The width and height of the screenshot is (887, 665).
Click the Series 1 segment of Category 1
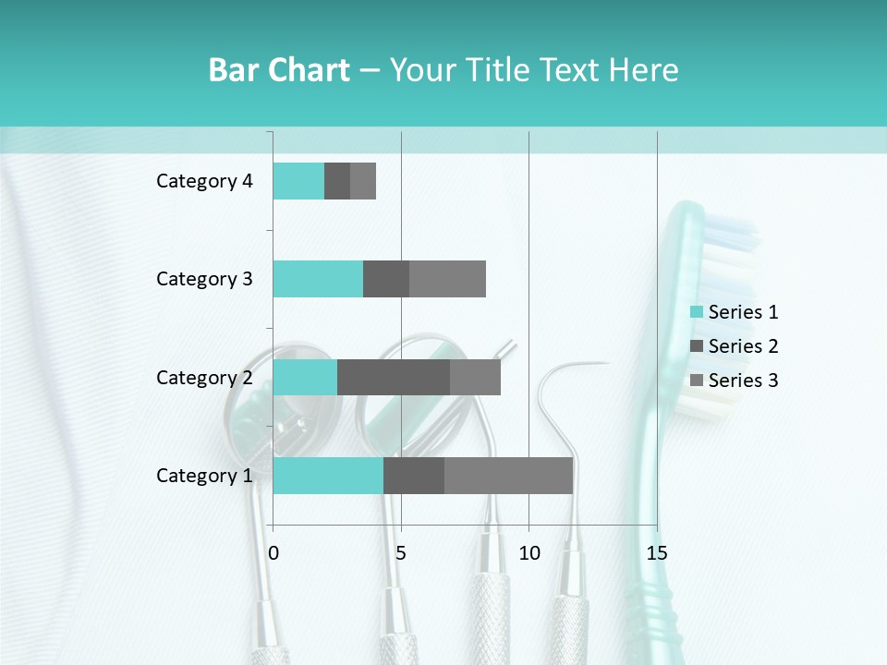pyautogui.click(x=328, y=476)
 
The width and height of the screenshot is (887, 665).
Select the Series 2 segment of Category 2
pyautogui.click(x=394, y=377)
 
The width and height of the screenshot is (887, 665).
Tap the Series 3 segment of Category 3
pyautogui.click(x=447, y=279)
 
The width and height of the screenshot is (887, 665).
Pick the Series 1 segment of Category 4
pyautogui.click(x=298, y=181)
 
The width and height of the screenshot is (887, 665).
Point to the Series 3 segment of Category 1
pyautogui.click(x=508, y=476)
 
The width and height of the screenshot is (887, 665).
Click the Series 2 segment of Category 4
pyautogui.click(x=337, y=181)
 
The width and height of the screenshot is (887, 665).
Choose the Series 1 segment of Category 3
pyautogui.click(x=318, y=279)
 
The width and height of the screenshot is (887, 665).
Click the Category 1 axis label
pyautogui.click(x=204, y=476)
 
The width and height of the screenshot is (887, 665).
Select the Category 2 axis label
pyautogui.click(x=204, y=378)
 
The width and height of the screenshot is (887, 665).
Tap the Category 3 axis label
pyautogui.click(x=204, y=279)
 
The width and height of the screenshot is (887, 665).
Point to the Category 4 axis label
pyautogui.click(x=204, y=181)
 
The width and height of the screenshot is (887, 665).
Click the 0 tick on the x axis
pyautogui.click(x=273, y=553)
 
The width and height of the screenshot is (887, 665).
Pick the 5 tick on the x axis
pyautogui.click(x=401, y=553)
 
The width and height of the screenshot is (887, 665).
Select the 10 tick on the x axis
pyautogui.click(x=529, y=553)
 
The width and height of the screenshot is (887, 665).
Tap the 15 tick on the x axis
pyautogui.click(x=656, y=553)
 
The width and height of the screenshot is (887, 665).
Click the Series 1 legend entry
pyautogui.click(x=735, y=312)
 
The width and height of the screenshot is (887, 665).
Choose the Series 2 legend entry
pyautogui.click(x=735, y=346)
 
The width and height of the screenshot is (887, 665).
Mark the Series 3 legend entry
pyautogui.click(x=735, y=381)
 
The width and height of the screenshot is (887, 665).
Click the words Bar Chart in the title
pyautogui.click(x=279, y=70)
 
